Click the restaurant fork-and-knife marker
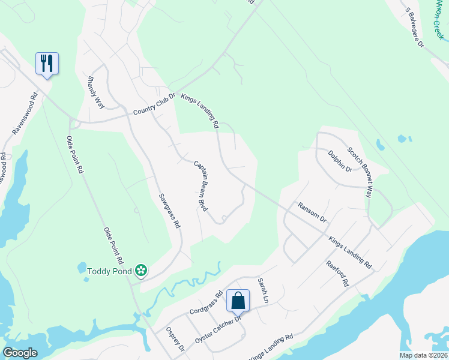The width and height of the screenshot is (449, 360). click(47, 63)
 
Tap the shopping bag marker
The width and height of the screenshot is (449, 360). click(238, 301)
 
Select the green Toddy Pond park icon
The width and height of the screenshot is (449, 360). click(141, 271)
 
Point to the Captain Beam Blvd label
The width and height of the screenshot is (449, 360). click(200, 185)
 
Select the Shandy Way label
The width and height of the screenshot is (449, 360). click(96, 92)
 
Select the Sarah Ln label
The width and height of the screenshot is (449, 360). click(262, 289)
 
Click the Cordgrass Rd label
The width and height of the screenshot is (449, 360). click(206, 304)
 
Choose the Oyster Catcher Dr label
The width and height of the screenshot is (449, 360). click(217, 331)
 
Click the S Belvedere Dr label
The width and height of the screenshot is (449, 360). click(414, 28)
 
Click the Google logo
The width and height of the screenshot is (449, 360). click(20, 353)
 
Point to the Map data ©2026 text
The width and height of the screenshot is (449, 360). click(423, 355)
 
